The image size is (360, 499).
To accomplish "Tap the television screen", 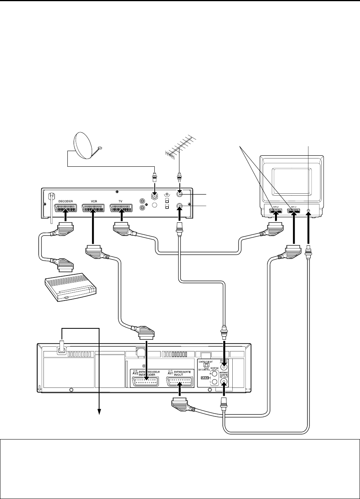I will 292,183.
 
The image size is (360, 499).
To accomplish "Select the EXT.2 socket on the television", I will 276,212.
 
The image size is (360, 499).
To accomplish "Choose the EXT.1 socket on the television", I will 294,212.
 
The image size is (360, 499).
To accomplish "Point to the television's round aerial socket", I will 309,212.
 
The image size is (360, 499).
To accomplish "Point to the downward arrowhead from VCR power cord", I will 99,411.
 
